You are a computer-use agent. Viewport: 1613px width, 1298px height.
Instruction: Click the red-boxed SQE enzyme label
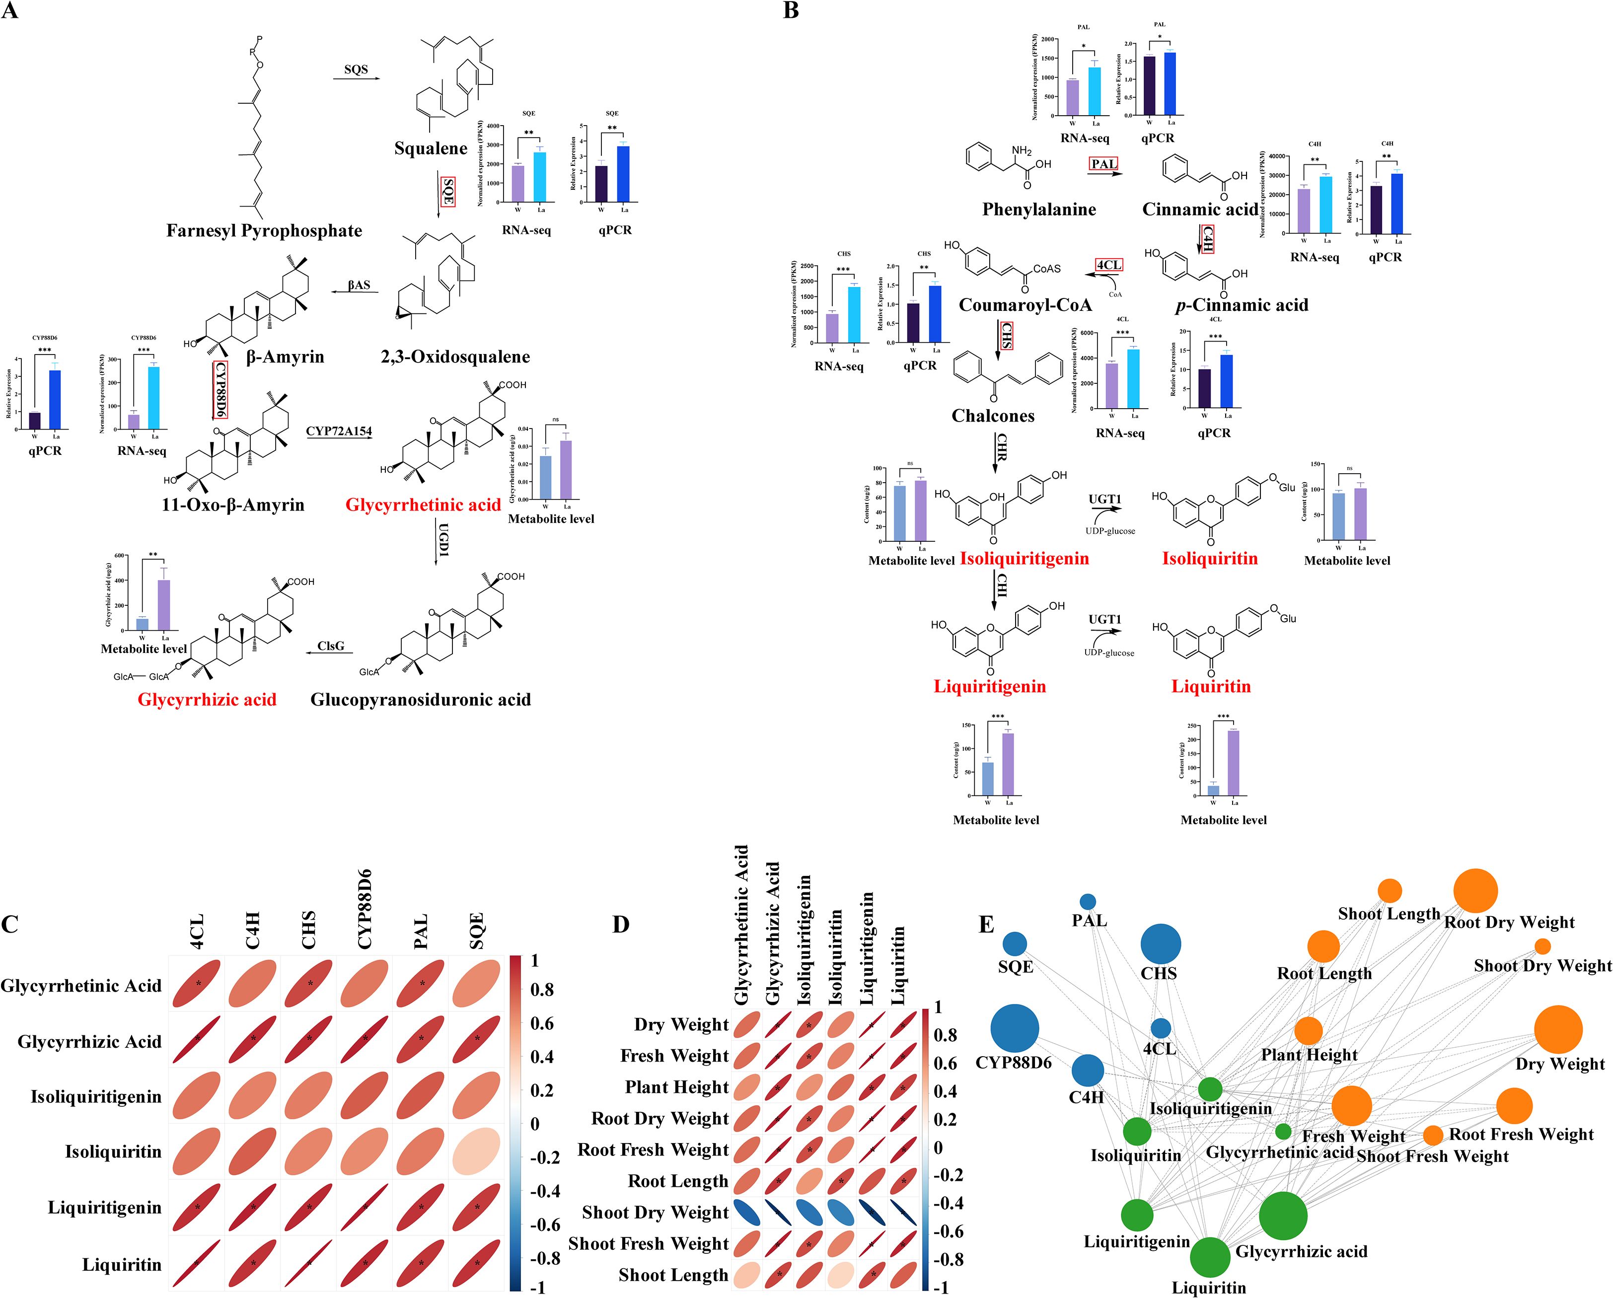pyautogui.click(x=448, y=192)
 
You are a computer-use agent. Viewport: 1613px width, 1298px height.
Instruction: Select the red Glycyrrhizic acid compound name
pyautogui.click(x=207, y=700)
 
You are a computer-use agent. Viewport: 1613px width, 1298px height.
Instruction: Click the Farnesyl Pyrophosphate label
pyautogui.click(x=264, y=230)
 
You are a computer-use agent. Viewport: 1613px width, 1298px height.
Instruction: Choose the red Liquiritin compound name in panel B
pyautogui.click(x=1211, y=686)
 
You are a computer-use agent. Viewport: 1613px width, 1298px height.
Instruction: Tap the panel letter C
pyautogui.click(x=10, y=924)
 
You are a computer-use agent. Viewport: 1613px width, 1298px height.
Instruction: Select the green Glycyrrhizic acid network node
pyautogui.click(x=1283, y=1216)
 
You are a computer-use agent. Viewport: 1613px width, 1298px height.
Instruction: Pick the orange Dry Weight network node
pyautogui.click(x=1558, y=1029)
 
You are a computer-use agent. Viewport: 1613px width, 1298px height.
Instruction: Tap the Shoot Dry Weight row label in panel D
pyautogui.click(x=656, y=1212)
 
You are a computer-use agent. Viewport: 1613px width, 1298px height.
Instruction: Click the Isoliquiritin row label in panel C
pyautogui.click(x=113, y=1152)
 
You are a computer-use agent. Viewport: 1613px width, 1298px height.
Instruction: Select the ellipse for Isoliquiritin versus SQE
pyautogui.click(x=477, y=1152)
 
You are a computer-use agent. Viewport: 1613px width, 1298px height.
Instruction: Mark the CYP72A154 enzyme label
pyautogui.click(x=339, y=431)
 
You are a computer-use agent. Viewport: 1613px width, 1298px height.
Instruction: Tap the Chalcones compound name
pyautogui.click(x=993, y=416)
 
